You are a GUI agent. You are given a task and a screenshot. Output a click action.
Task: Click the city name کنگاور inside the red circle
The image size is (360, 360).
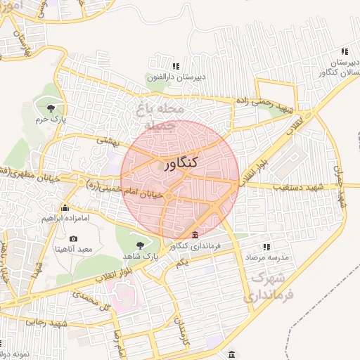[180, 165]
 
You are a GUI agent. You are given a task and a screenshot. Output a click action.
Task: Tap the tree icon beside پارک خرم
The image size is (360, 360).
[51, 108]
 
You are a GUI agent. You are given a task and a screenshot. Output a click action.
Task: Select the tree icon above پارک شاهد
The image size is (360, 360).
[139, 245]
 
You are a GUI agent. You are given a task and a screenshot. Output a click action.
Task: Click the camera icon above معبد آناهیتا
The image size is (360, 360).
[74, 239]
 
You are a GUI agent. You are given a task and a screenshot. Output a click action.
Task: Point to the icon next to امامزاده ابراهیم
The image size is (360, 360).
[65, 208]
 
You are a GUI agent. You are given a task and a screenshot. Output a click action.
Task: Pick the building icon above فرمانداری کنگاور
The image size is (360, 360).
[195, 235]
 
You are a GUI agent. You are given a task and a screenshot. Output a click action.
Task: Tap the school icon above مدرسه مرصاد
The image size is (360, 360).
[266, 247]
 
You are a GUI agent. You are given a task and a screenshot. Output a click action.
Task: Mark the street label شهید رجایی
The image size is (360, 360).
[48, 322]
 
